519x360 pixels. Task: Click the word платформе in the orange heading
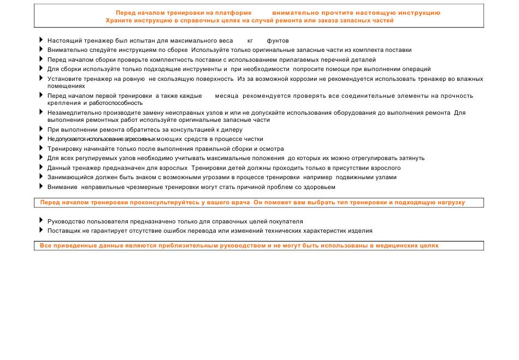(x=233, y=13)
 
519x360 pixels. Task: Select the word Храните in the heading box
(x=119, y=20)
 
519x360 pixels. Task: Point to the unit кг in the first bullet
(x=250, y=40)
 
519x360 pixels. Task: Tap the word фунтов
(x=278, y=40)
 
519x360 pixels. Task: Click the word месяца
(x=227, y=96)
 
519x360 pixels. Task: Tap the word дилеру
(x=232, y=129)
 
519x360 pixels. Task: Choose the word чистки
(x=253, y=139)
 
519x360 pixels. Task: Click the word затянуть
(x=411, y=158)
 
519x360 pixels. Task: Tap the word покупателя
(x=284, y=221)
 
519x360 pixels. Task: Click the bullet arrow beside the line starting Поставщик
(x=41, y=230)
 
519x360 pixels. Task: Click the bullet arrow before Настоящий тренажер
(x=41, y=40)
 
